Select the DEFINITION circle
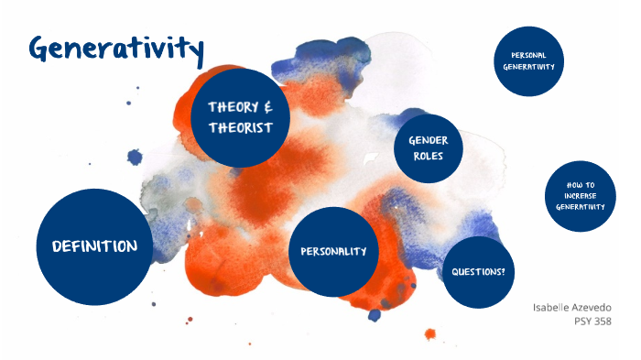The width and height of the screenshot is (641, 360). pyautogui.click(x=94, y=246)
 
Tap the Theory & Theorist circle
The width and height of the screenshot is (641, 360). pyautogui.click(x=241, y=117)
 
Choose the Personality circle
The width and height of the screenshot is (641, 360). pyautogui.click(x=333, y=251)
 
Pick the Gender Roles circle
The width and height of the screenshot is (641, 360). pyautogui.click(x=428, y=148)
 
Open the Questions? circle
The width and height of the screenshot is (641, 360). pyautogui.click(x=478, y=272)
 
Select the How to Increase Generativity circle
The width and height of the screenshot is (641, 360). pyautogui.click(x=581, y=195)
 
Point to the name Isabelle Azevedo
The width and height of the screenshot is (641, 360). pyautogui.click(x=571, y=307)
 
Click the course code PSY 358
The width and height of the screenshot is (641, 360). pyautogui.click(x=591, y=321)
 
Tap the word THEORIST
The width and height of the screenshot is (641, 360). pyautogui.click(x=240, y=127)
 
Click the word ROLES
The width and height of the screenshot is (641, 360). pyautogui.click(x=428, y=157)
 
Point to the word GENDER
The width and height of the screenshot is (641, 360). pyautogui.click(x=428, y=140)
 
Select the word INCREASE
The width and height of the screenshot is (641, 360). pyautogui.click(x=581, y=195)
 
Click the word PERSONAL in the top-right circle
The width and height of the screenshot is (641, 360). pyautogui.click(x=529, y=55)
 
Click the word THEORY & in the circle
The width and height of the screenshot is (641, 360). pyautogui.click(x=241, y=106)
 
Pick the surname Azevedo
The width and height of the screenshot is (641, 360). pyautogui.click(x=591, y=307)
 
